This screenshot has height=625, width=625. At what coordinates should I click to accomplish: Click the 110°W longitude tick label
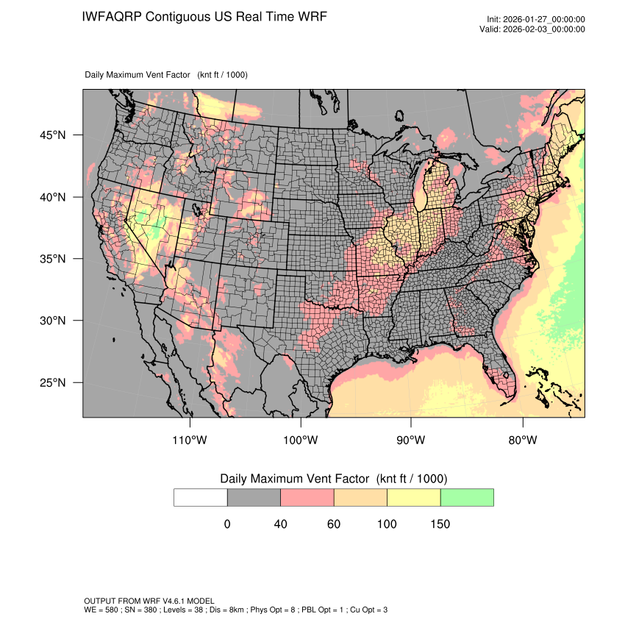[190, 440]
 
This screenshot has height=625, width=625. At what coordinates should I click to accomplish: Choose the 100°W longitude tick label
[301, 440]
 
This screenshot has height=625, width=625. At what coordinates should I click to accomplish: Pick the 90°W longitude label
[412, 440]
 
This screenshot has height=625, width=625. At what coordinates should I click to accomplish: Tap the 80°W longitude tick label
[522, 440]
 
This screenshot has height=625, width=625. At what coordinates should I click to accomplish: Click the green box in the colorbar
[467, 497]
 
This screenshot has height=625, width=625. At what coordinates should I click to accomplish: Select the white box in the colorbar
[201, 497]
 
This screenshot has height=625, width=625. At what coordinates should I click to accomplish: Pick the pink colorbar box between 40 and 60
[307, 497]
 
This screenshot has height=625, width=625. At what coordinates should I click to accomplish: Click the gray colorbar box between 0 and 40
[254, 497]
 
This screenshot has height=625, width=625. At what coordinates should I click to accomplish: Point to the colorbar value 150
[440, 524]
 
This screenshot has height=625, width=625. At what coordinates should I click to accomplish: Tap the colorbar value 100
[387, 524]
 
